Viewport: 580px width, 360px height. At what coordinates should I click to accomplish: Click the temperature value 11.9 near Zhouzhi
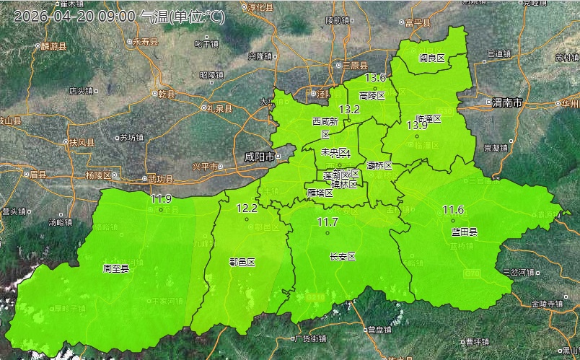pyautogui.click(x=161, y=198)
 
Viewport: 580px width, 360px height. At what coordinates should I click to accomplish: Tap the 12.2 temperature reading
pyautogui.click(x=247, y=208)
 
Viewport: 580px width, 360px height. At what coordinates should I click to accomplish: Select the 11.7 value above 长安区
pyautogui.click(x=328, y=221)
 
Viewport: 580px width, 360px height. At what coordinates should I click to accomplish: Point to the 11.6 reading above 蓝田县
pyautogui.click(x=453, y=210)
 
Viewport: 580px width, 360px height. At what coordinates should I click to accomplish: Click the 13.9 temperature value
pyautogui.click(x=417, y=126)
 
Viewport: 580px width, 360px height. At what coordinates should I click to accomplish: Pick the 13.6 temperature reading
pyautogui.click(x=376, y=77)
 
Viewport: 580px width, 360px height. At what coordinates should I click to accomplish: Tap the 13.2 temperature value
pyautogui.click(x=349, y=110)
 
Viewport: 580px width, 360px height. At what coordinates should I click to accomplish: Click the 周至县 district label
pyautogui.click(x=116, y=268)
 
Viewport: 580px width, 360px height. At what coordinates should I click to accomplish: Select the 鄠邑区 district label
pyautogui.click(x=242, y=262)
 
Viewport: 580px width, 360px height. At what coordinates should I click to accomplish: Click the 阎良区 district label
pyautogui.click(x=432, y=58)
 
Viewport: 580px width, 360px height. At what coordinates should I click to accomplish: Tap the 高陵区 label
pyautogui.click(x=372, y=95)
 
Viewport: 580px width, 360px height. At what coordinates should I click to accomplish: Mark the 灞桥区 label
pyautogui.click(x=379, y=165)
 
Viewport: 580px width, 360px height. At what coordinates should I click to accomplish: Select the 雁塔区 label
pyautogui.click(x=320, y=193)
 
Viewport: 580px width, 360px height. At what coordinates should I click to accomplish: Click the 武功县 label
pyautogui.click(x=159, y=179)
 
